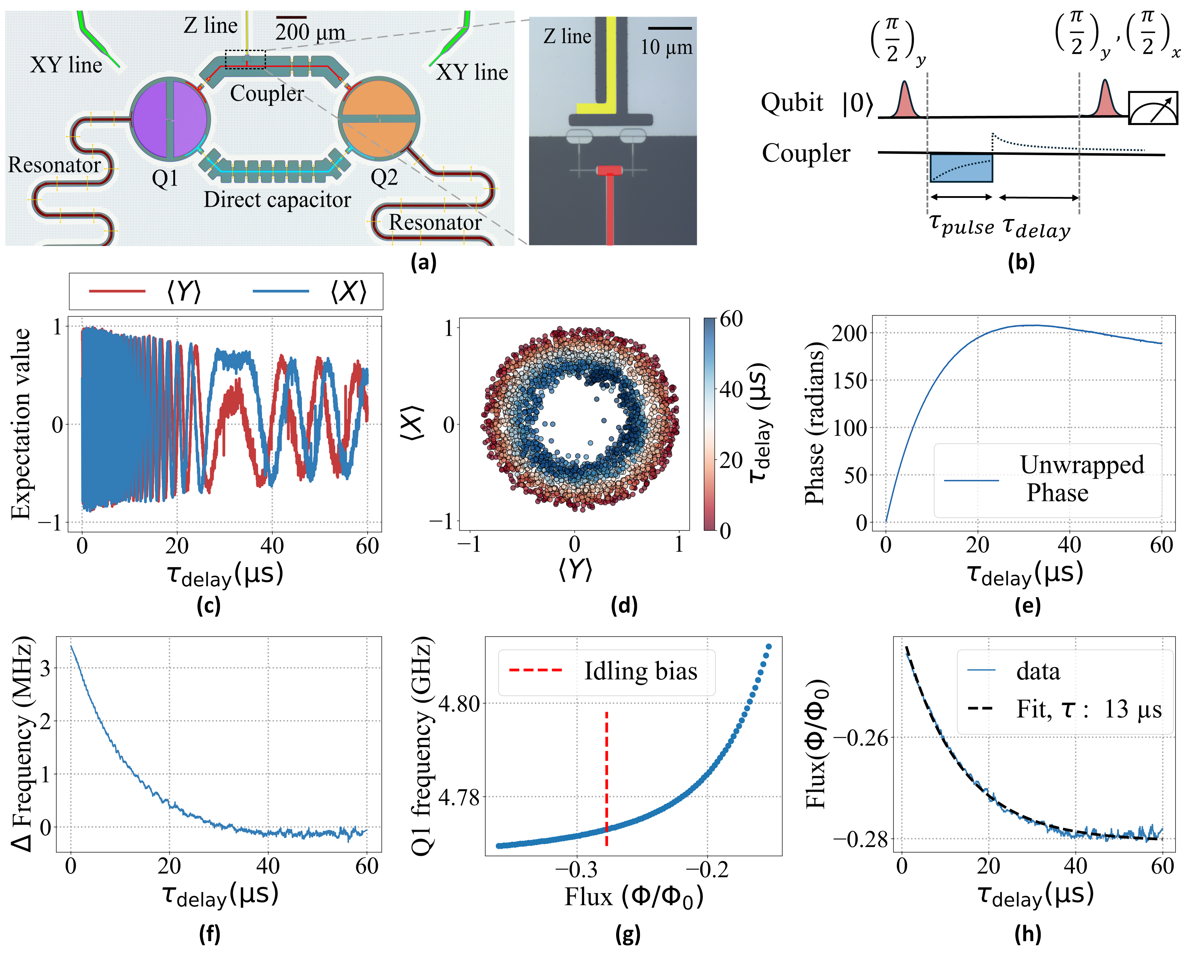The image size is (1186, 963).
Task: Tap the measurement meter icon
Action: (x=1153, y=108)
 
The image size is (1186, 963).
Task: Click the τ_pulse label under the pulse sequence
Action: (x=961, y=225)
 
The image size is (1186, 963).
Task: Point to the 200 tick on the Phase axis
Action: (x=849, y=333)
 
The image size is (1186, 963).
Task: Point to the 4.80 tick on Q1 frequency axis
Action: (x=459, y=703)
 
